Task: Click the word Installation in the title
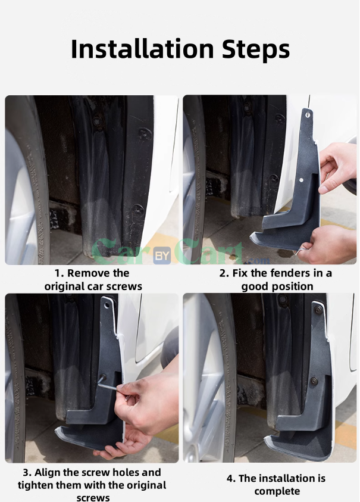[x=142, y=49]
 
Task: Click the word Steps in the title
[x=256, y=49]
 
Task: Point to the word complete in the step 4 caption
[x=277, y=491]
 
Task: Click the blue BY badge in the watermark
[x=162, y=256]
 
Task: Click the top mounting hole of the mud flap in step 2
[x=308, y=114]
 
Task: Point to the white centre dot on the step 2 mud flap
[x=301, y=180]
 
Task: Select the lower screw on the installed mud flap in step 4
[x=314, y=381]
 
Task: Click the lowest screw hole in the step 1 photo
[x=138, y=209]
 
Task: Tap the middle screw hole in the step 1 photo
[x=145, y=133]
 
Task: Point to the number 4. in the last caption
[x=231, y=478]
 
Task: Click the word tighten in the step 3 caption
[x=36, y=485]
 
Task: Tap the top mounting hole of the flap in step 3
[x=107, y=305]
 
